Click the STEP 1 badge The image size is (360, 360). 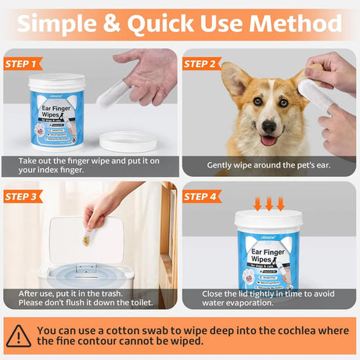[x=23, y=63]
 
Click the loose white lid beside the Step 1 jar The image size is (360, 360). [x=128, y=141]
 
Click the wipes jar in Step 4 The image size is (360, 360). [x=268, y=254]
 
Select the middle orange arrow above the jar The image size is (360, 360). [x=268, y=203]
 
